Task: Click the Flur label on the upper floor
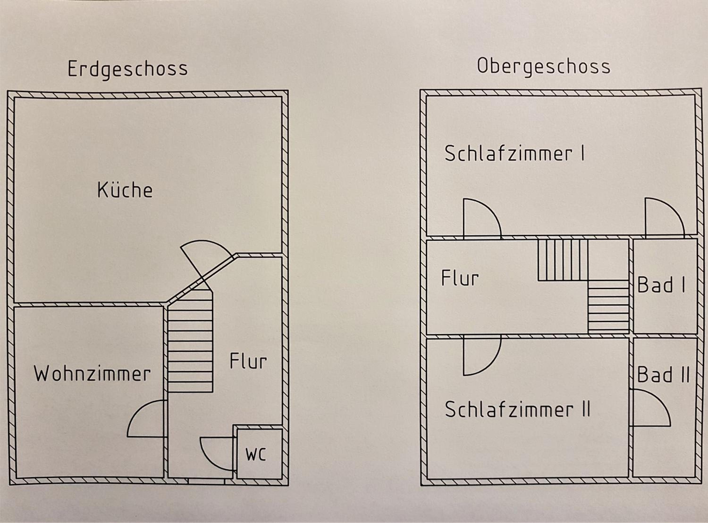point(460,278)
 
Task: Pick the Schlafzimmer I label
point(514,154)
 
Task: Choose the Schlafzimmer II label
point(518,409)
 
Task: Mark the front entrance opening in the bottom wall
point(206,481)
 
